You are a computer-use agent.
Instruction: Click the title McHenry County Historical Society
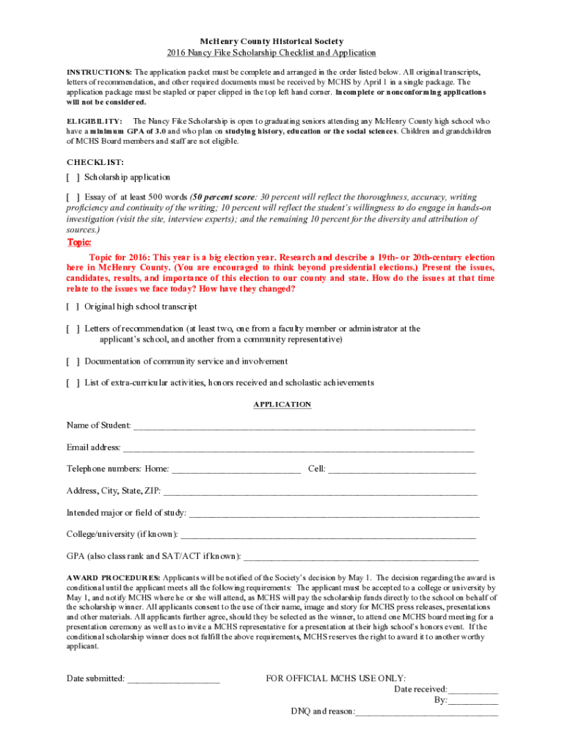point(282,41)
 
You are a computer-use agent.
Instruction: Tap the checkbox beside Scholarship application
point(73,177)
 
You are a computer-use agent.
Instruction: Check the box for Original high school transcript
point(73,307)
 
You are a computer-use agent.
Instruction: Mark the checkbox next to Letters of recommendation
point(73,329)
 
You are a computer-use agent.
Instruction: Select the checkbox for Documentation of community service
point(73,362)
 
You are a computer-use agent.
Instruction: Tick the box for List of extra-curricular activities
point(73,383)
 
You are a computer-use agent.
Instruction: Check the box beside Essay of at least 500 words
point(73,197)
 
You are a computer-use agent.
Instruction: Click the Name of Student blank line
point(304,426)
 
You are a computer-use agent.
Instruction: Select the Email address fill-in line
point(298,448)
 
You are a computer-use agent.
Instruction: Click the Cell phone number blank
point(402,469)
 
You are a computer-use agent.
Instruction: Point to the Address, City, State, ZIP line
point(320,491)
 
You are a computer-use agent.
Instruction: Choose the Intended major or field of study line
point(334,513)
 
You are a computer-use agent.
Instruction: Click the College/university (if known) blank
point(328,535)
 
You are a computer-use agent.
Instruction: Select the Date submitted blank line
point(173,679)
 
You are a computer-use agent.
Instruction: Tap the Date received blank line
point(473,690)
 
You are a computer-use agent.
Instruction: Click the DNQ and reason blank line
point(427,712)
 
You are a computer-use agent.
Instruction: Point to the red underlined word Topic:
point(79,243)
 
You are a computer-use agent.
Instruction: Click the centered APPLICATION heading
point(282,405)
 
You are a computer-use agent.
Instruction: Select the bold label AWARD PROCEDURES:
point(113,578)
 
